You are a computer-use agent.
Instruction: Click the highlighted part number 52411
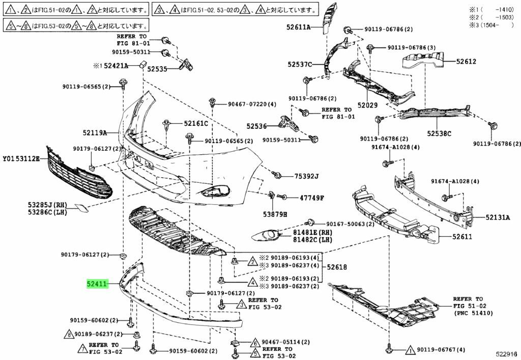97,284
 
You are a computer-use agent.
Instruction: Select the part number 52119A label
95,133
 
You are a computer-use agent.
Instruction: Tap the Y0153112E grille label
20,158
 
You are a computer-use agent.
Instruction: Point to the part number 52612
466,62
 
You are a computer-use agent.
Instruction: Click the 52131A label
497,217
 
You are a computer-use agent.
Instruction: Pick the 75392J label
306,176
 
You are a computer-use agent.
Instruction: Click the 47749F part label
311,197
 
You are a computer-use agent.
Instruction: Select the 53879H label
275,214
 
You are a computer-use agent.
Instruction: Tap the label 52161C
196,123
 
